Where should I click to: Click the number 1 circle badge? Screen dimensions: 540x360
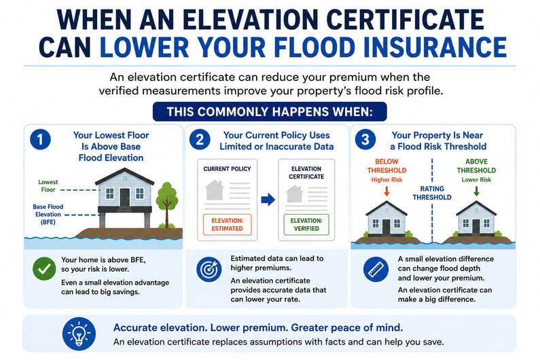click(x=40, y=139)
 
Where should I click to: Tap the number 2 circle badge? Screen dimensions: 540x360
click(x=200, y=139)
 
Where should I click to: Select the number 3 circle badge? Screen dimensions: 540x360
click(x=365, y=139)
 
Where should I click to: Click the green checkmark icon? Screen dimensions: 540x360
click(x=44, y=269)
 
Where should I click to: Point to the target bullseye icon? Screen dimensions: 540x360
click(x=209, y=269)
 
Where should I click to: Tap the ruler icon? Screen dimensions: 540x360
click(x=376, y=269)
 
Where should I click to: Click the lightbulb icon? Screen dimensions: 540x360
click(x=79, y=334)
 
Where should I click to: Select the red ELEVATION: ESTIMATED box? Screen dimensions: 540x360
click(x=228, y=225)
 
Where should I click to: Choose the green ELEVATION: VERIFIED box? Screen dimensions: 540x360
click(x=306, y=225)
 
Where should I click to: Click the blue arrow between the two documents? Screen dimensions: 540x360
click(x=268, y=200)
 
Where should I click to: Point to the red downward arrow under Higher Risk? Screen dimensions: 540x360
click(x=386, y=191)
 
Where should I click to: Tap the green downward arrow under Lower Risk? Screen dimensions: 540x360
click(x=476, y=191)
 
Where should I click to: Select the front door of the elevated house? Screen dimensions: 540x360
click(x=125, y=198)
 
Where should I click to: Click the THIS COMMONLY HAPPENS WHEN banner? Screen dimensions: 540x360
click(x=270, y=111)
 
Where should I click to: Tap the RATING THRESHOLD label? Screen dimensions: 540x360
click(x=432, y=193)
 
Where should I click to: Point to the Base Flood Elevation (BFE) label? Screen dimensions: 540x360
click(x=48, y=214)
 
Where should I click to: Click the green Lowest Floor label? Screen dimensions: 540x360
click(x=48, y=185)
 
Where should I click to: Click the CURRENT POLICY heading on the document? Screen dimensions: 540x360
click(x=228, y=169)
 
